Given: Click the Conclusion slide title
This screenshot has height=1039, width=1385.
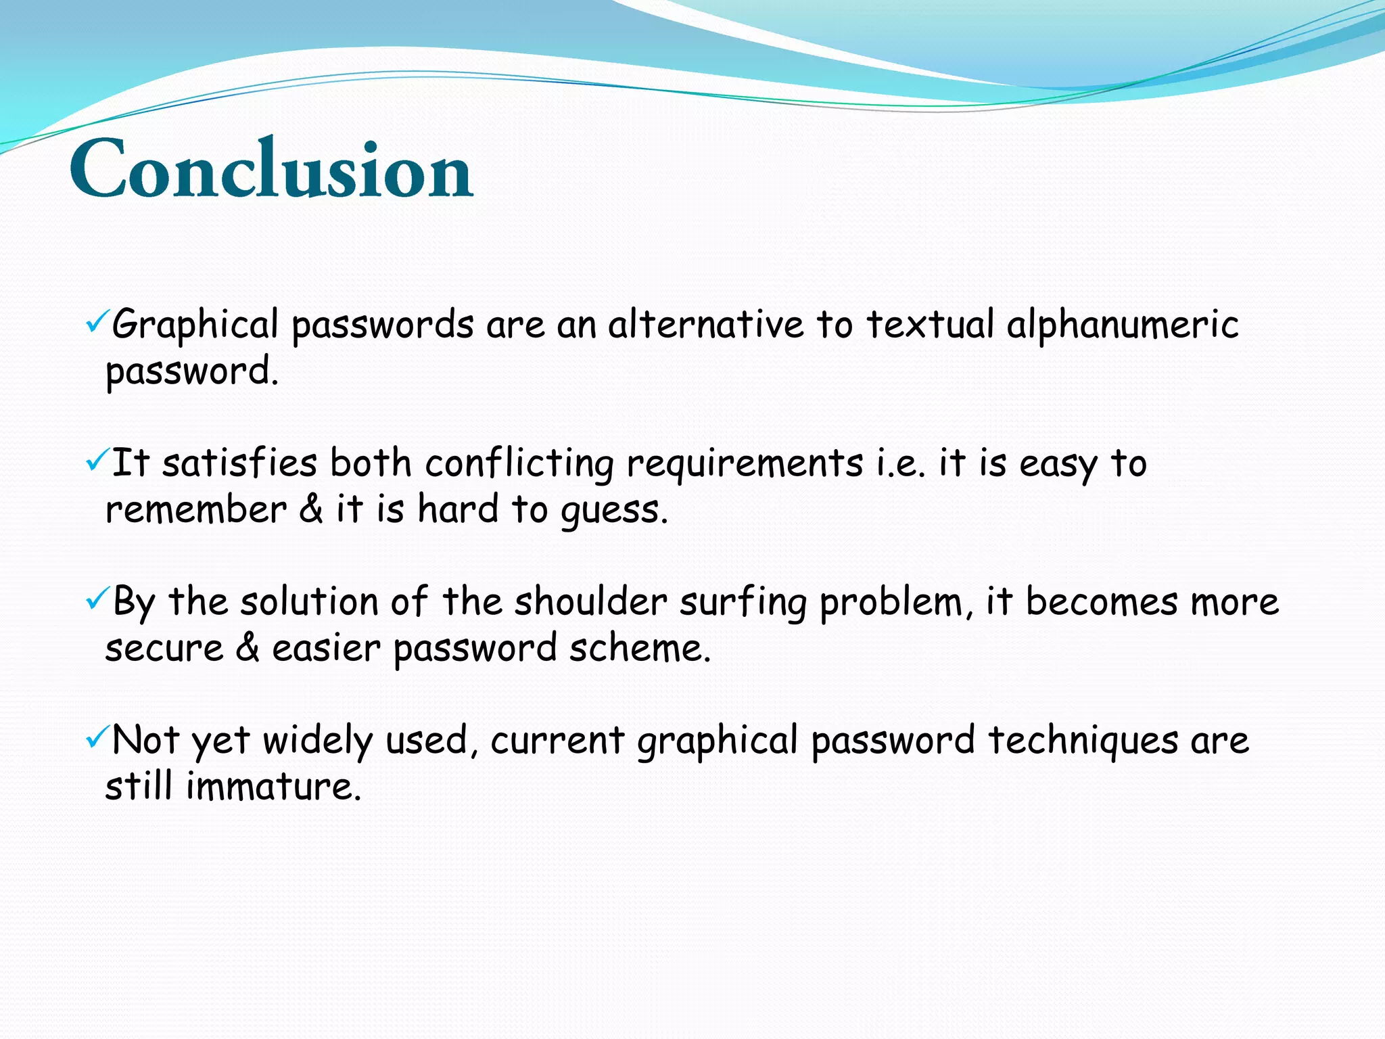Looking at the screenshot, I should [271, 169].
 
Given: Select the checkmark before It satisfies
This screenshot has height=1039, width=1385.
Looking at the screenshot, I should [95, 461].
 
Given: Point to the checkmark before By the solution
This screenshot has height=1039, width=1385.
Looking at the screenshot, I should [95, 599].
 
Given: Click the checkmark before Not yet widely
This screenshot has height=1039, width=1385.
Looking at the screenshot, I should [95, 737].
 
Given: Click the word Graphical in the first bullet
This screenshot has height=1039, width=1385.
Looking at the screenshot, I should [195, 325].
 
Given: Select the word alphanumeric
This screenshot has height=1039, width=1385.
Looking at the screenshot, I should [1122, 325].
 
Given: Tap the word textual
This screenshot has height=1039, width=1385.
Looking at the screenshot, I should [930, 325].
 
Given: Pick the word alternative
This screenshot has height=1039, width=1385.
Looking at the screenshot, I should [705, 325].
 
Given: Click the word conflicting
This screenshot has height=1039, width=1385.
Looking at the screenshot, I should [519, 464].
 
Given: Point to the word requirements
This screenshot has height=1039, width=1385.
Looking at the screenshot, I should [745, 464].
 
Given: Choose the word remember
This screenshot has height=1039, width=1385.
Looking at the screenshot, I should [196, 510].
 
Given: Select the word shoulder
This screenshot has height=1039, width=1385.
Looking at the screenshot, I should [590, 602].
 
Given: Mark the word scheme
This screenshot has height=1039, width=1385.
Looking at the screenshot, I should [639, 648].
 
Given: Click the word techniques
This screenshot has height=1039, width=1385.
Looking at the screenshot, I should [1083, 741].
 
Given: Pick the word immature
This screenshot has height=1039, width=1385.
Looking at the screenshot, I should [273, 787].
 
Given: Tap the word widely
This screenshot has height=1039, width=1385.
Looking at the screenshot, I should [317, 741].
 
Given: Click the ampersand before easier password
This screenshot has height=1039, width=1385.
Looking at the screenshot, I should [248, 648].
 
